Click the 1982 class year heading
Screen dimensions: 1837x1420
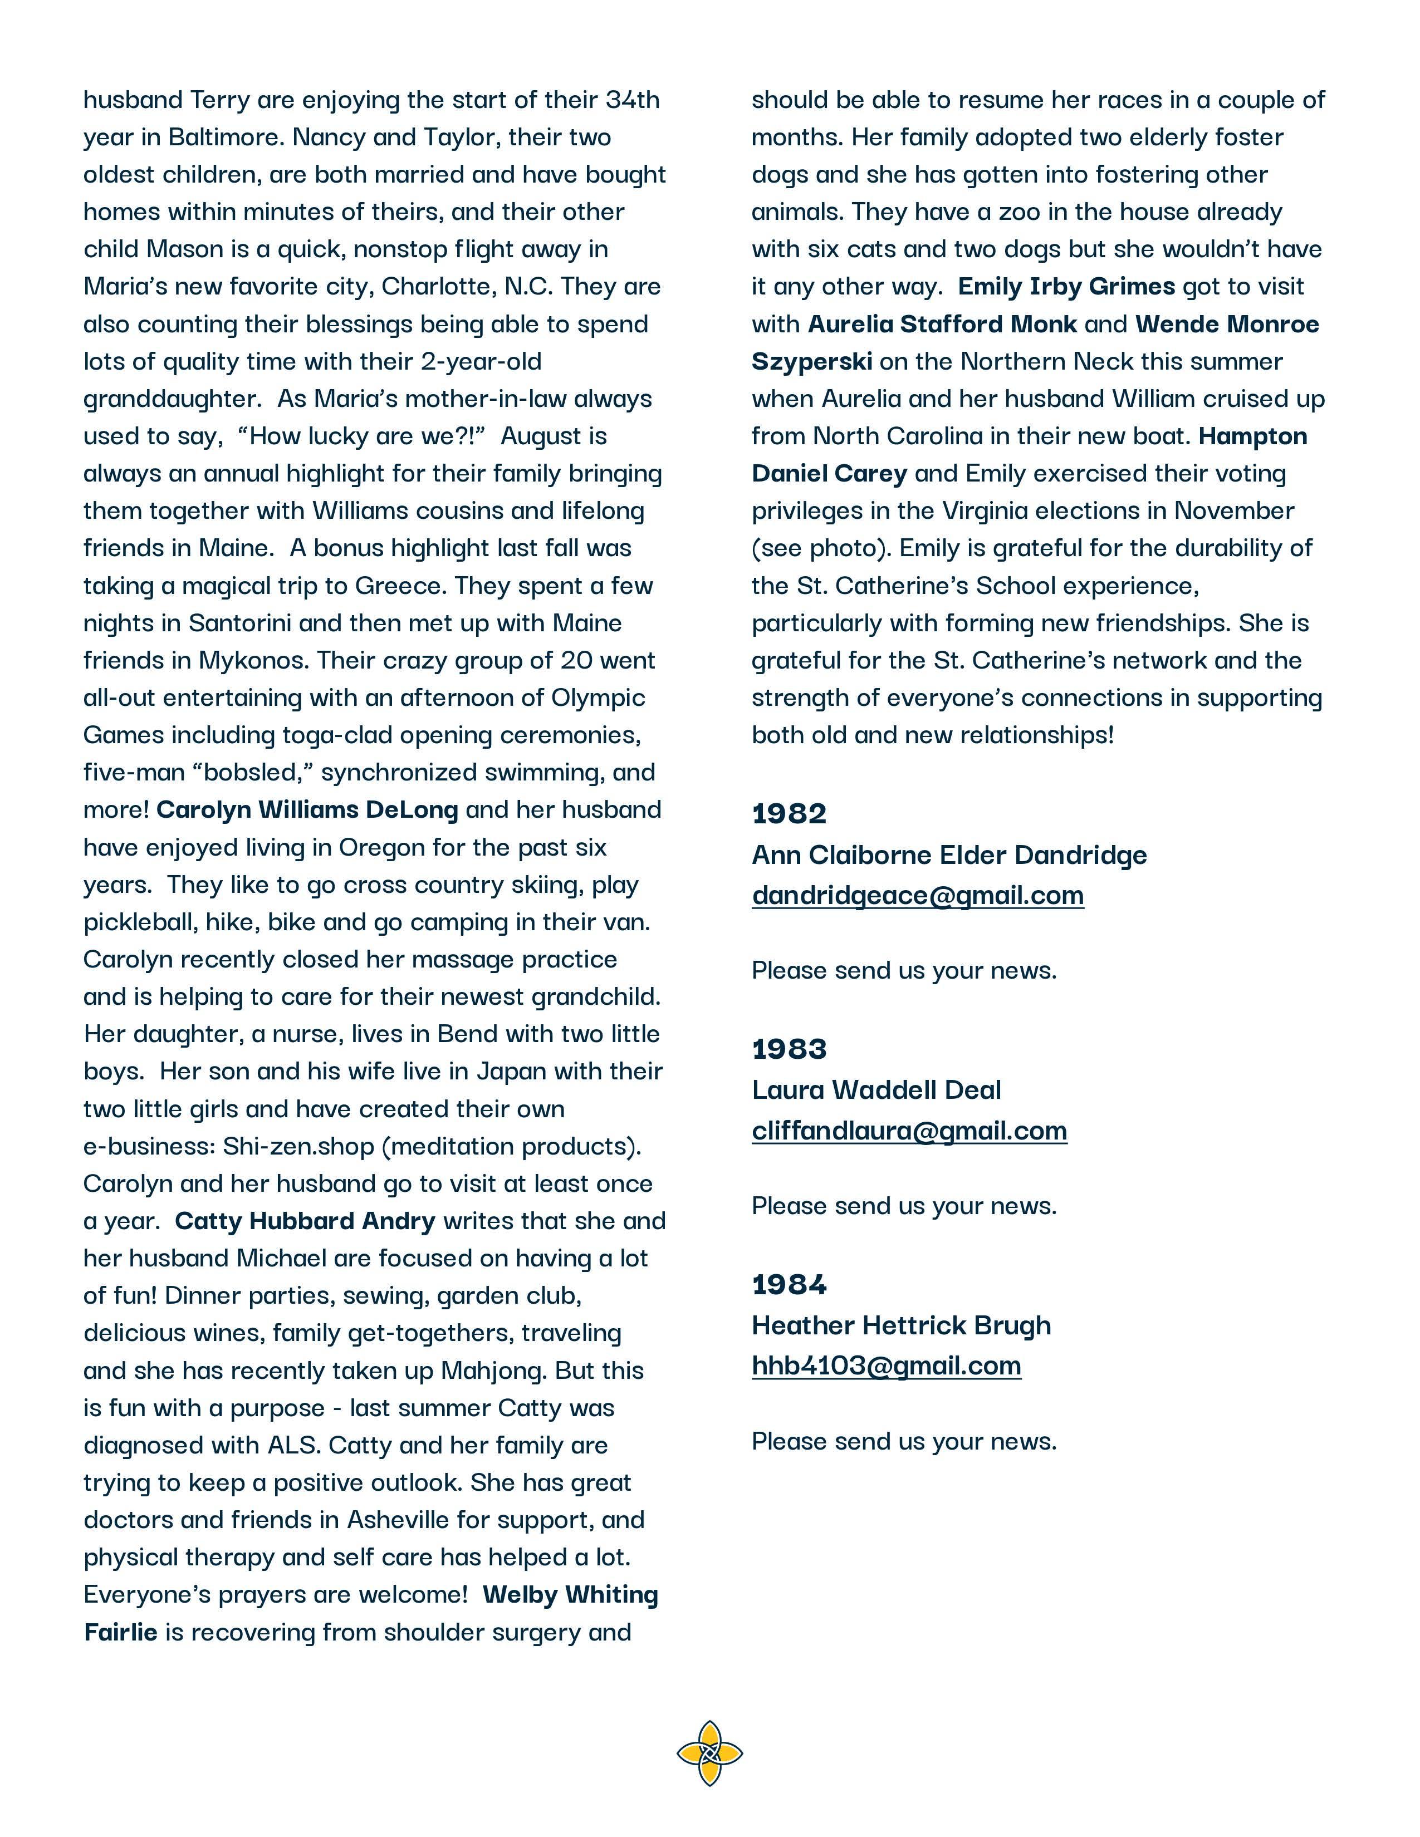click(789, 813)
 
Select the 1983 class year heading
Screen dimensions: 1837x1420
click(789, 1049)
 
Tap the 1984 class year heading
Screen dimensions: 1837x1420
click(789, 1284)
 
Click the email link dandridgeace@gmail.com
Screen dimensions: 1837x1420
click(918, 895)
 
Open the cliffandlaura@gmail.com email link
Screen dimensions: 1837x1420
click(909, 1131)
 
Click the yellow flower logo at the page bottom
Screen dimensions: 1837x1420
click(709, 1753)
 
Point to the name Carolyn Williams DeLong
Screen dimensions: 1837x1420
click(307, 809)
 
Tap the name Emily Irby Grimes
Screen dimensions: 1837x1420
click(1066, 286)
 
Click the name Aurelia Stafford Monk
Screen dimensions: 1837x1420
click(942, 324)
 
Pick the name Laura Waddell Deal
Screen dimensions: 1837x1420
click(877, 1090)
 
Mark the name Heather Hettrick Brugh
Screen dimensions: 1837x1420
click(901, 1325)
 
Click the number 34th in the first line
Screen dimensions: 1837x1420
click(633, 100)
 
